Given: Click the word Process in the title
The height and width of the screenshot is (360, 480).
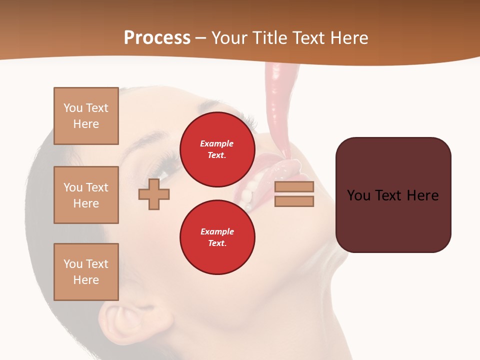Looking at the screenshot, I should click(x=157, y=38).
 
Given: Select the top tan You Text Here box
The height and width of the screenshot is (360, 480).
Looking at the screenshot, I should click(x=86, y=116).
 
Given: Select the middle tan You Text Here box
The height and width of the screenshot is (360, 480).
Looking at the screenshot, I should click(x=86, y=195).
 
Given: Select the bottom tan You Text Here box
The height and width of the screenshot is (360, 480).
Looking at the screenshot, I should click(x=86, y=272).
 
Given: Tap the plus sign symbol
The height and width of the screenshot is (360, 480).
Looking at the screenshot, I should click(x=153, y=194).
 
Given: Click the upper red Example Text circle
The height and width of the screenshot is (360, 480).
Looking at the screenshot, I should click(x=217, y=149).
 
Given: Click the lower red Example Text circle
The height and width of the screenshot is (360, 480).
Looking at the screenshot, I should click(x=217, y=237).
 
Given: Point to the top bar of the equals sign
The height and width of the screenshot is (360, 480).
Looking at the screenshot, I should click(x=294, y=186).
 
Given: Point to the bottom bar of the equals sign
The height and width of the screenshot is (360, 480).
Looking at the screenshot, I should click(x=294, y=201).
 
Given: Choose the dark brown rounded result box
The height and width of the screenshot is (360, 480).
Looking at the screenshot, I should click(x=393, y=195).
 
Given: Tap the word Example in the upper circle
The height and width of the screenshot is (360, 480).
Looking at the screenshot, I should click(x=217, y=143).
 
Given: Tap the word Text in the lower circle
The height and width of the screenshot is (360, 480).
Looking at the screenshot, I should click(x=217, y=243).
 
